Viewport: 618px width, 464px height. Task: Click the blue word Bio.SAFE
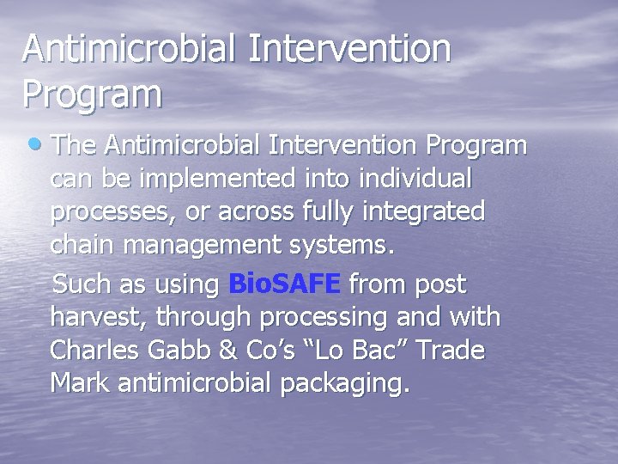285,283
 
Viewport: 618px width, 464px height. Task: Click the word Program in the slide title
92,94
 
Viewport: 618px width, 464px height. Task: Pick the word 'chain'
83,246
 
